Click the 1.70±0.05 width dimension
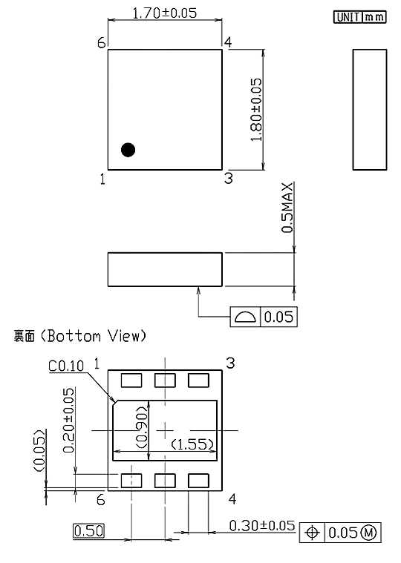[x=165, y=13]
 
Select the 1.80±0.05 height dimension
[x=256, y=110]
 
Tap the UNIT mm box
[x=360, y=17]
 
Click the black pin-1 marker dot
[x=128, y=150]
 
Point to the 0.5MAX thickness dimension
[x=287, y=208]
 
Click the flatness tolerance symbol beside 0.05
[x=245, y=317]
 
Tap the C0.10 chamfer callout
[x=66, y=366]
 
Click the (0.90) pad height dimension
[x=143, y=428]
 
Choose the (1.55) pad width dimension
[x=194, y=444]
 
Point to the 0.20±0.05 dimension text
[x=69, y=420]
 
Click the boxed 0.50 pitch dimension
[x=88, y=530]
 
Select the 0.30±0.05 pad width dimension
[x=262, y=526]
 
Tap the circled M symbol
[x=368, y=533]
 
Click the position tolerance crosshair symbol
[x=312, y=533]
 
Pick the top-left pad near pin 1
[x=131, y=381]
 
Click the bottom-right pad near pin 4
[x=198, y=481]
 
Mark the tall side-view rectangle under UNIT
[x=370, y=110]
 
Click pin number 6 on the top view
[x=102, y=43]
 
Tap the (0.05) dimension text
[x=39, y=450]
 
